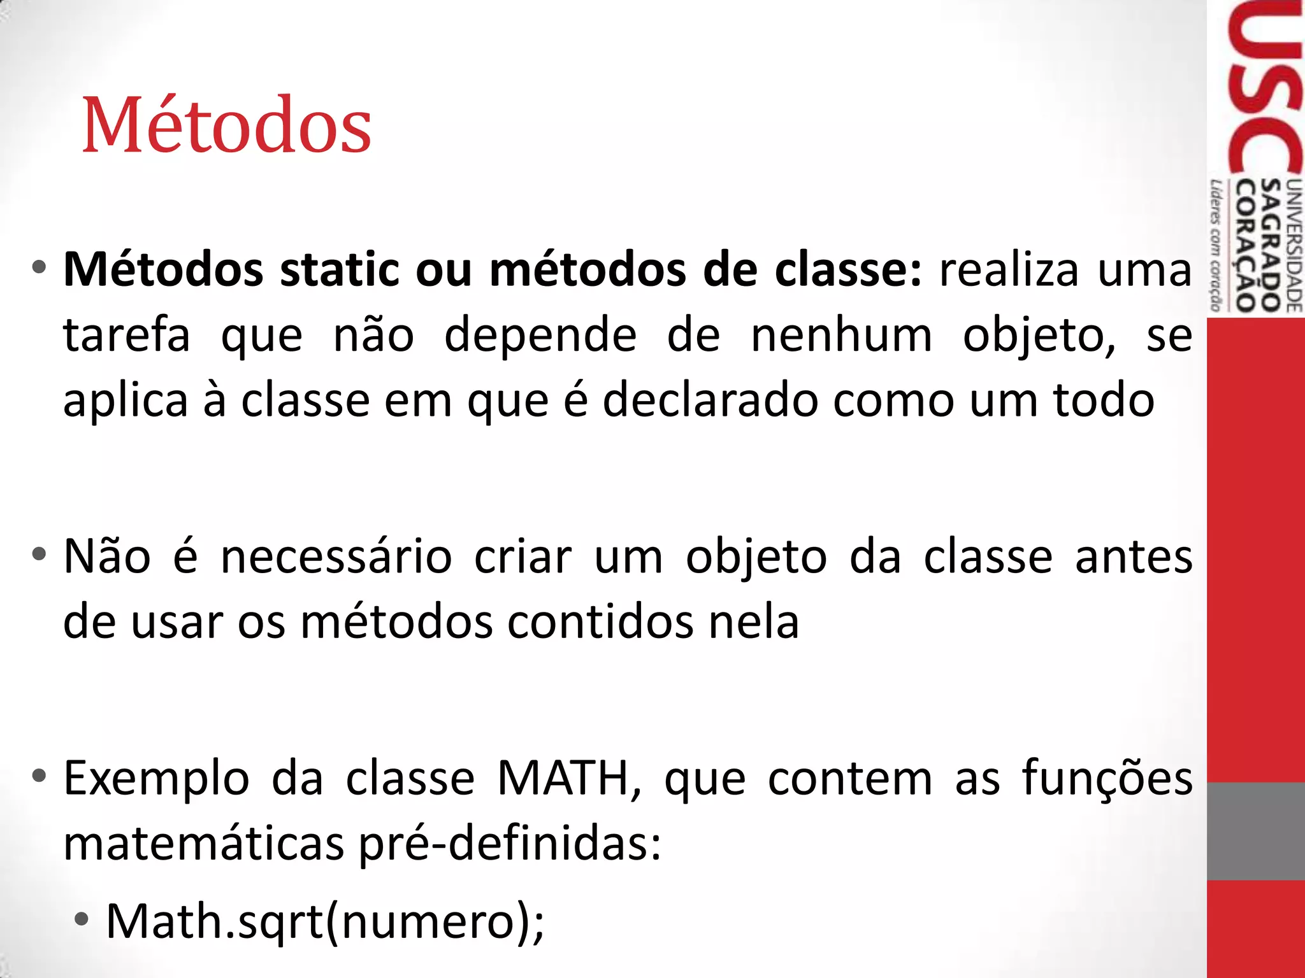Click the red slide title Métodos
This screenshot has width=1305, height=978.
227,125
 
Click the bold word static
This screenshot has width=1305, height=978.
340,270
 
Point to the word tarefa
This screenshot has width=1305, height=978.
127,335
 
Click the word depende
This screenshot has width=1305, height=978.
540,335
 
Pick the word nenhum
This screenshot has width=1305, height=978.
841,335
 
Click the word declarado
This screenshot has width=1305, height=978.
710,400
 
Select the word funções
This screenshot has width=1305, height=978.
1107,778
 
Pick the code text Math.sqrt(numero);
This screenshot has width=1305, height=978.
325,921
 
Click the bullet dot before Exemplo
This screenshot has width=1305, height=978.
40,776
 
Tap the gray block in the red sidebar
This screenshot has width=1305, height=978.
1255,831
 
